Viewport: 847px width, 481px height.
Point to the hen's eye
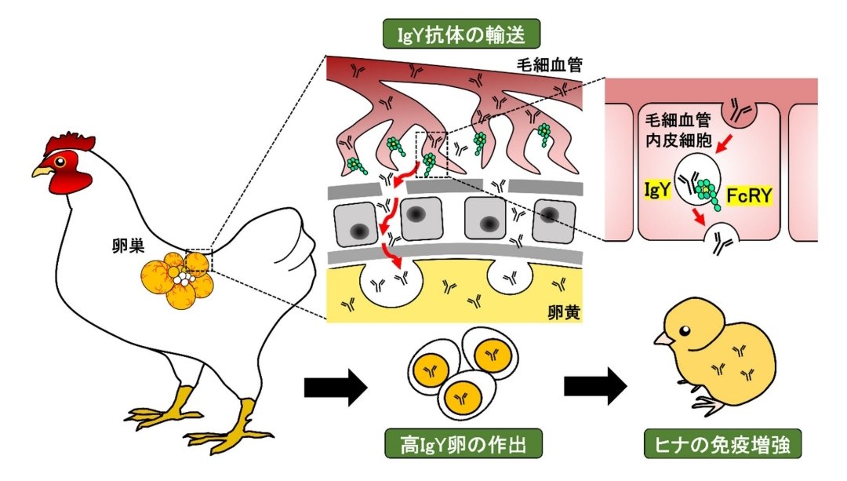click(x=60, y=162)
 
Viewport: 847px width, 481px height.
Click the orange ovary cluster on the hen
click(x=176, y=279)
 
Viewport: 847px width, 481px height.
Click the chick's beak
click(x=663, y=339)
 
